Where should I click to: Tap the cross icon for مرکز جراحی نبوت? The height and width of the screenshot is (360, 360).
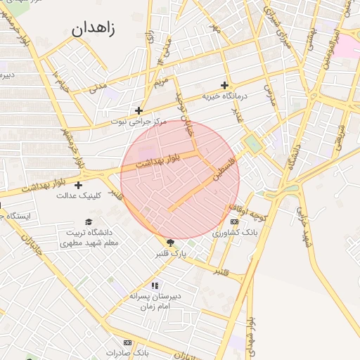tap(139, 110)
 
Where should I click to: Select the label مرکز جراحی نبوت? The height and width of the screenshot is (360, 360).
tap(139, 122)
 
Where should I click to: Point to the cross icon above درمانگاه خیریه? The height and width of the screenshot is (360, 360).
tap(224, 85)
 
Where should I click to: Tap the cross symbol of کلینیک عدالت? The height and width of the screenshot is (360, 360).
tap(78, 185)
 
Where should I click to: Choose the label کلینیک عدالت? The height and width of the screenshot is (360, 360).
tap(79, 195)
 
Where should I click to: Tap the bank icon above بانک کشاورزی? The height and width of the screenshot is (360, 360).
tap(234, 221)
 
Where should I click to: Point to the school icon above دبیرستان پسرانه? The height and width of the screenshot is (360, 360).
tap(155, 285)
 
